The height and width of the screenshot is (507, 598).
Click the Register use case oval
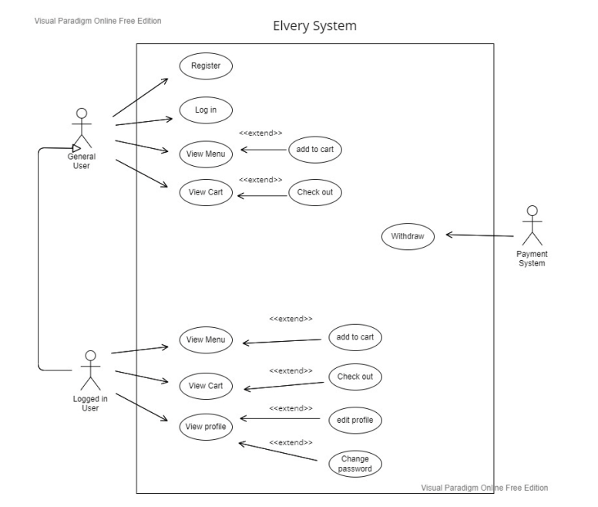pos(206,66)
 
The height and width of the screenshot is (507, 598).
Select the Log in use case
pos(206,110)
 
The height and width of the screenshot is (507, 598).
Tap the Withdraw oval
pos(408,235)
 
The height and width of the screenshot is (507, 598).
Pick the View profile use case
pos(206,426)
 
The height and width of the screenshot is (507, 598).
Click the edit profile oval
pos(354,420)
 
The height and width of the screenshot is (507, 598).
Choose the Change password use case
pos(354,463)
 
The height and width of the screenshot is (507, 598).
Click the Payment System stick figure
pos(530,226)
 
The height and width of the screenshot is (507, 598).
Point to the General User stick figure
pos(81,127)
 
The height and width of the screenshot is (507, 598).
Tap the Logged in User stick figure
pos(91,370)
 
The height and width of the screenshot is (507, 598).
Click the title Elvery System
pos(314,26)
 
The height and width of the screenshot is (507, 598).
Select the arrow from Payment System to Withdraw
pos(479,236)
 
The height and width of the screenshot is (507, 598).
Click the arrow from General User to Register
pos(141,97)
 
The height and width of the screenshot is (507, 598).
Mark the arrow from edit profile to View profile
pos(279,419)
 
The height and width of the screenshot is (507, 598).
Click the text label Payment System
pos(531,259)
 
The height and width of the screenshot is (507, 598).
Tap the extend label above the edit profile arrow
pos(291,408)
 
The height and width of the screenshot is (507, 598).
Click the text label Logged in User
pos(91,404)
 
